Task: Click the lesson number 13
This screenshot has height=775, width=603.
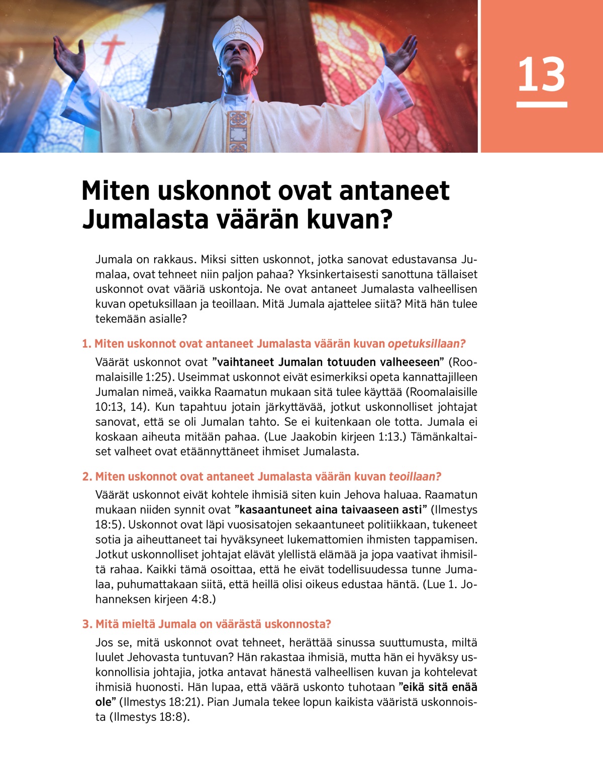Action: point(541,75)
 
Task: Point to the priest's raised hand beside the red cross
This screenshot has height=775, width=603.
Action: point(70,56)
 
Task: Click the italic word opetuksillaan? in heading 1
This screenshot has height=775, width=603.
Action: point(427,344)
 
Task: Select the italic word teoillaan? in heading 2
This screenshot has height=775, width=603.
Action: point(415,477)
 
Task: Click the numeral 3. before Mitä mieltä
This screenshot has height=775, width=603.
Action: point(87,624)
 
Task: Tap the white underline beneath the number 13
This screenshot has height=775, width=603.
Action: point(541,104)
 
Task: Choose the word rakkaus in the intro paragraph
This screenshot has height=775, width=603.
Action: point(174,260)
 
